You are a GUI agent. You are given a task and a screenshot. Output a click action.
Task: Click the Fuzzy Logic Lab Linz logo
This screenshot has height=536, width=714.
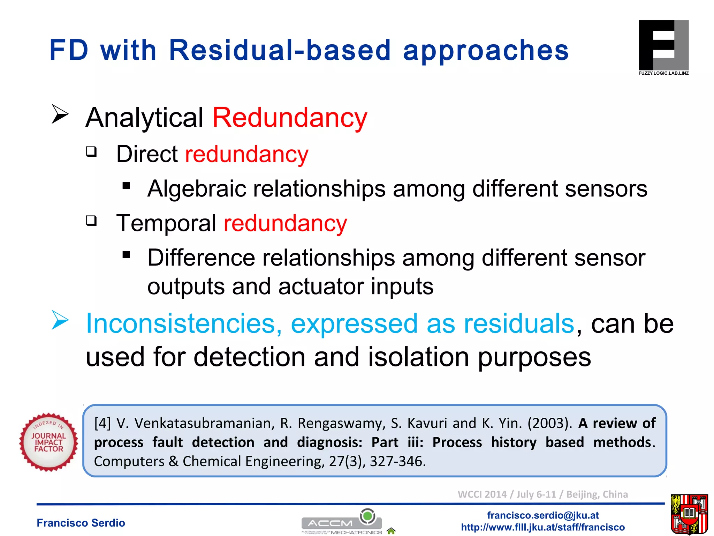pyautogui.click(x=663, y=47)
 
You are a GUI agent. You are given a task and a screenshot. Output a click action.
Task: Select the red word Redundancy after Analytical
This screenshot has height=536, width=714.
pyautogui.click(x=290, y=118)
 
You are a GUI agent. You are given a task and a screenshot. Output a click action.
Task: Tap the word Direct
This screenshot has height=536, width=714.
pyautogui.click(x=147, y=154)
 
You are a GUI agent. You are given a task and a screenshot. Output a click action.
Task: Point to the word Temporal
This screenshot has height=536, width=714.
pyautogui.click(x=166, y=223)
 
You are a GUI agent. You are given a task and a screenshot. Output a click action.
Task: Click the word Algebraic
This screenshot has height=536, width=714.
pyautogui.click(x=197, y=189)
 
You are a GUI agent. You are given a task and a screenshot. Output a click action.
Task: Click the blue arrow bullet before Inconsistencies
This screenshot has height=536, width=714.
pyautogui.click(x=60, y=320)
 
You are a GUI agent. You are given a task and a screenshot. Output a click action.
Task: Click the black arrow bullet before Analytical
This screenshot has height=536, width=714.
pyautogui.click(x=60, y=114)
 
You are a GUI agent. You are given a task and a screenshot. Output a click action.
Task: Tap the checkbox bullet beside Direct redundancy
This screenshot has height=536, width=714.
pyautogui.click(x=91, y=152)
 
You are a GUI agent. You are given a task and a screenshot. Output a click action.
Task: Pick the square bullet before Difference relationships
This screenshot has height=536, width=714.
pyautogui.click(x=126, y=255)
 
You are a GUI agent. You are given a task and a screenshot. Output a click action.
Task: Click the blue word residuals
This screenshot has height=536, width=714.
pyautogui.click(x=518, y=324)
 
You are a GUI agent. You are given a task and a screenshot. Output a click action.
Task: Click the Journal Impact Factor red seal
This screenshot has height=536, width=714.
pyautogui.click(x=48, y=442)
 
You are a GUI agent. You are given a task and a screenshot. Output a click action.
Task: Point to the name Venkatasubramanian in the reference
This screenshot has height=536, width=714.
pyautogui.click(x=202, y=423)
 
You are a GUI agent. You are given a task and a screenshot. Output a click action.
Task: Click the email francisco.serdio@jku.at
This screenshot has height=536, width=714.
pyautogui.click(x=542, y=515)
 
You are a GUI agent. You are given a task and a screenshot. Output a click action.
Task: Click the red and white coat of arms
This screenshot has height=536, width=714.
pyautogui.click(x=689, y=514)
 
